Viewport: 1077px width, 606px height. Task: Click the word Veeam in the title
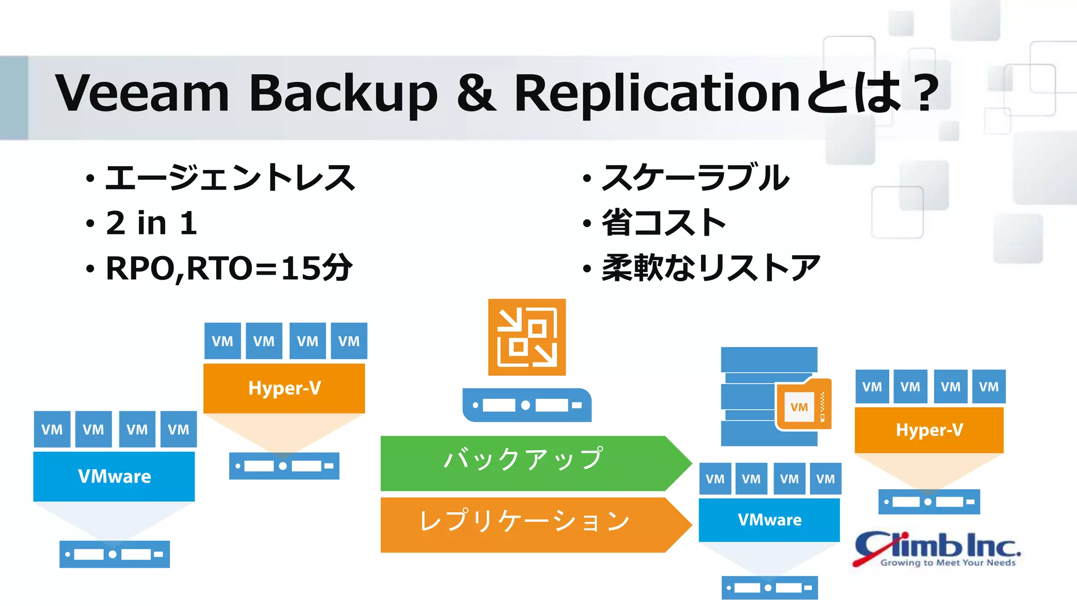coord(142,93)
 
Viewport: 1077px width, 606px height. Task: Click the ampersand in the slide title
coord(476,93)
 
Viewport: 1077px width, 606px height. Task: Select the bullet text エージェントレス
coord(230,178)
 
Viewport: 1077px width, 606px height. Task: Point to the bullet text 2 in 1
coord(151,223)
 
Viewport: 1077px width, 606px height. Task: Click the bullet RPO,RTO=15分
coord(229,268)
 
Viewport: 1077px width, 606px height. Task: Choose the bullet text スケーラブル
coord(695,178)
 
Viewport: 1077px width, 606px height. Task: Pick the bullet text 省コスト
coord(664,223)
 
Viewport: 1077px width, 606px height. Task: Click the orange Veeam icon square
coord(526,337)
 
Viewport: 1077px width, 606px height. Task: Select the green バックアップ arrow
coord(531,463)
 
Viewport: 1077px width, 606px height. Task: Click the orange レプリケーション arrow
coord(531,524)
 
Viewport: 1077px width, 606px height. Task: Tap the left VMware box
coord(114,477)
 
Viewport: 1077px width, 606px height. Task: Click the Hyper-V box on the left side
coord(284,388)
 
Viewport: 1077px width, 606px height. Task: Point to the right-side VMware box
coord(769,520)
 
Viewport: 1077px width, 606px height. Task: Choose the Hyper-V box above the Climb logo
coord(929,430)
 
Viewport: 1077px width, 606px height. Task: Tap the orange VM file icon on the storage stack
coord(803,405)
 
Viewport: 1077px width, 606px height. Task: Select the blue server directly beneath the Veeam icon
coord(526,405)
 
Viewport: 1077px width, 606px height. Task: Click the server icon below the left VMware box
coord(114,554)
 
